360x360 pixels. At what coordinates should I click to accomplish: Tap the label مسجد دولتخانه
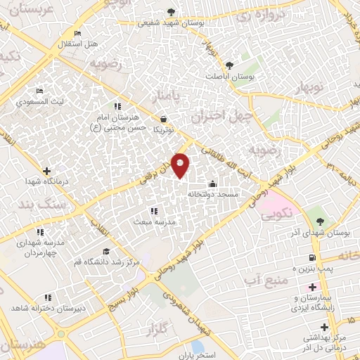(x=218, y=193)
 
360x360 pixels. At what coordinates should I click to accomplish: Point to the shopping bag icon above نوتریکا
(x=163, y=120)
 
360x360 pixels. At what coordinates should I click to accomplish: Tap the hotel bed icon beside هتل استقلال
(x=77, y=34)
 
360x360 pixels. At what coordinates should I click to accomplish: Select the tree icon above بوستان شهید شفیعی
(x=172, y=11)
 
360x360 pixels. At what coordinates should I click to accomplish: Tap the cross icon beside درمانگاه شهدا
(x=46, y=171)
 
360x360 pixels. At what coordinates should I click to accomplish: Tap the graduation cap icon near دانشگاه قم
(x=106, y=252)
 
